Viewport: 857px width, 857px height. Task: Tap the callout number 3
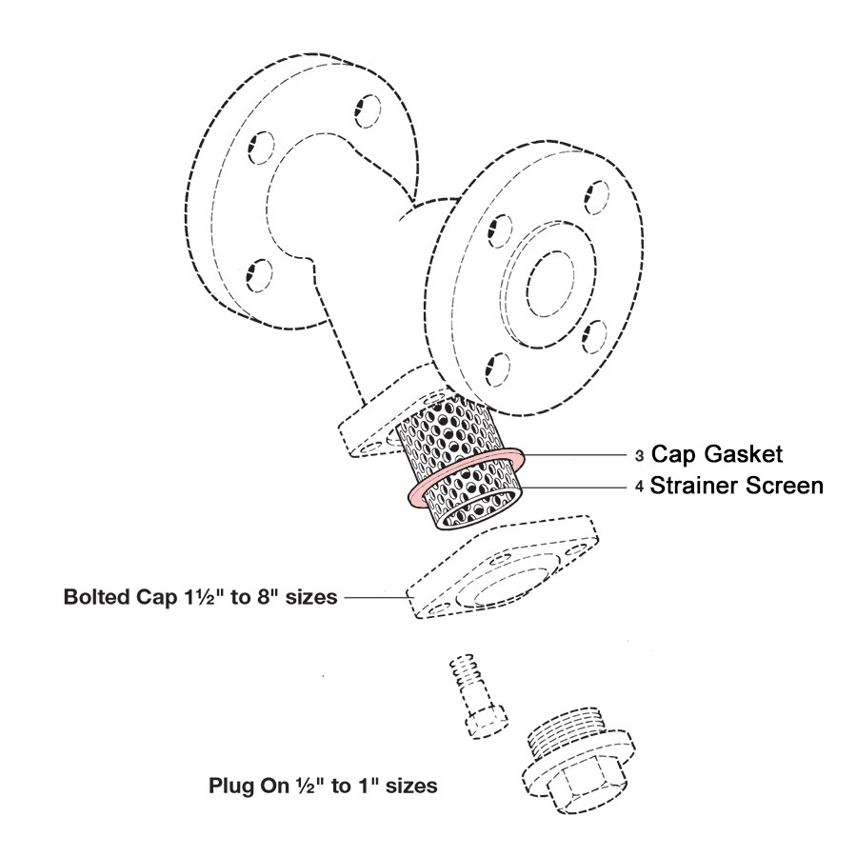(x=639, y=453)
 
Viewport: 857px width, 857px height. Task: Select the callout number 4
(x=639, y=487)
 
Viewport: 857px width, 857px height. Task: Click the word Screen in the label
(x=782, y=486)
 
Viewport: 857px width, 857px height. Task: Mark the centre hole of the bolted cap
(x=509, y=581)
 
